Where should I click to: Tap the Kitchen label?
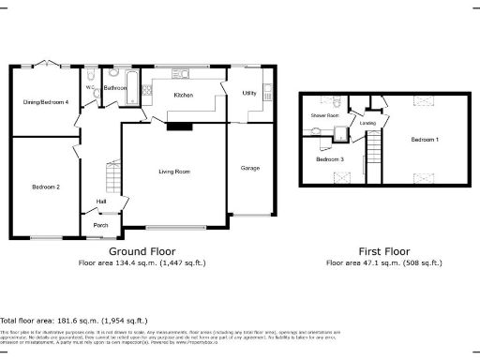183,96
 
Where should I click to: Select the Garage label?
249,168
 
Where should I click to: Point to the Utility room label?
248,93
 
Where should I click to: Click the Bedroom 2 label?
45,187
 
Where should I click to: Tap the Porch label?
99,225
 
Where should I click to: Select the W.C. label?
89,88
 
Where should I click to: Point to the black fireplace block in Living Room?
173,127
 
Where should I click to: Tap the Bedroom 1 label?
424,139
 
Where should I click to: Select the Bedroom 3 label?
328,159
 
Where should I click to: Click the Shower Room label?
324,115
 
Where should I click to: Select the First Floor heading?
384,252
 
